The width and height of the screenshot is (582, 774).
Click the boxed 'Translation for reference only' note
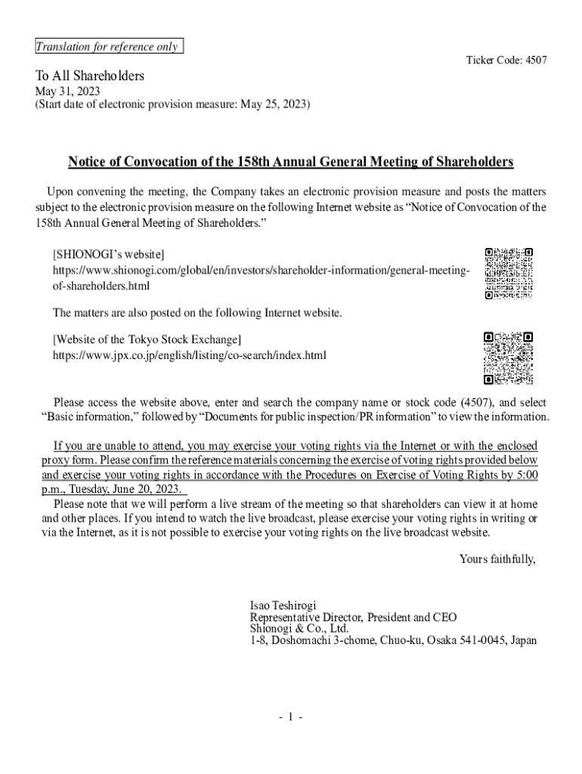(109, 47)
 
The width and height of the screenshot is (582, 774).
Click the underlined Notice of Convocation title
(291, 162)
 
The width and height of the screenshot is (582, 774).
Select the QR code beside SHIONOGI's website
(509, 273)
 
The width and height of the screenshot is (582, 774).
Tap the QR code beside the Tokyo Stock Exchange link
(509, 358)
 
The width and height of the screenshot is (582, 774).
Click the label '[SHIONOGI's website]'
(108, 255)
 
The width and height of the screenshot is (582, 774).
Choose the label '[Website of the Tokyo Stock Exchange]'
(147, 339)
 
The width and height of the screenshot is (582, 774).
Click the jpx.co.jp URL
(189, 354)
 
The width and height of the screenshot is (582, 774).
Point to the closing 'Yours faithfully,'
(498, 559)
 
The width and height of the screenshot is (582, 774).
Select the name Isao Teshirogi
(283, 606)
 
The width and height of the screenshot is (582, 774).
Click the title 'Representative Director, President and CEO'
(353, 618)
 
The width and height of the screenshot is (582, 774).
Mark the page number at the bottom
(290, 717)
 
